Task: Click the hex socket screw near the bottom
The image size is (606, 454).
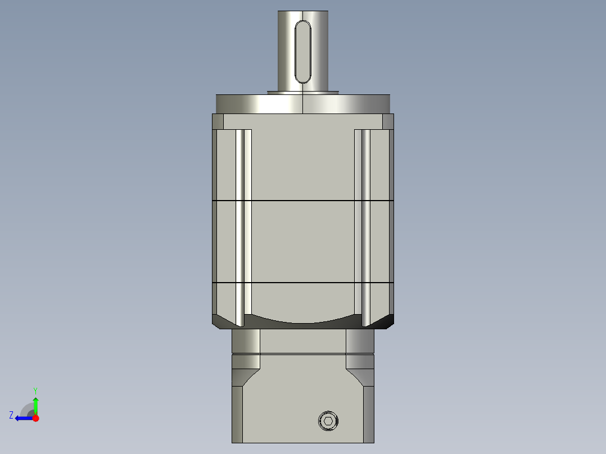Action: tap(329, 421)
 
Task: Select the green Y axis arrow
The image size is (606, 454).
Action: tap(35, 404)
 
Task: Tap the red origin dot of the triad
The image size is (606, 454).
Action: tap(35, 418)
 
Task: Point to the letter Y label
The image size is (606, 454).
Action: tap(35, 390)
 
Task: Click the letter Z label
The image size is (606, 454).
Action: tap(11, 415)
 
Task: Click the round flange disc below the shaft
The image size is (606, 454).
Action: tap(303, 104)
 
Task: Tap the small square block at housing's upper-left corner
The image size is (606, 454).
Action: tap(218, 121)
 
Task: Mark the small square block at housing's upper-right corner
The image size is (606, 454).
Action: tap(388, 121)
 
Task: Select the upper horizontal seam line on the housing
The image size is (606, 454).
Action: tap(303, 200)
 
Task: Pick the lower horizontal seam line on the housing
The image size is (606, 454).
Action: tap(303, 282)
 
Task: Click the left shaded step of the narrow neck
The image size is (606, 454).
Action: tap(246, 341)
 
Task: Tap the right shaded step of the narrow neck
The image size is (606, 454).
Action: tap(360, 341)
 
